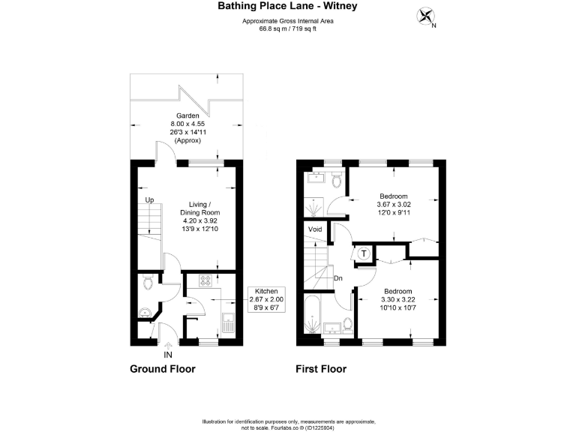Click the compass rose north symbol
(x=427, y=16)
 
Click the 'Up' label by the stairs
(x=149, y=200)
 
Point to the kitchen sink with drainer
(x=228, y=325)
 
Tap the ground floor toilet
(x=148, y=282)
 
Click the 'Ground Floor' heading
(x=163, y=369)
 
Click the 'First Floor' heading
(x=322, y=369)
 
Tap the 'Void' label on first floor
(x=315, y=229)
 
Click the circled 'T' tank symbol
(x=364, y=253)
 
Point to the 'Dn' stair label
(x=339, y=278)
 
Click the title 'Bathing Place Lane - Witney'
(x=287, y=7)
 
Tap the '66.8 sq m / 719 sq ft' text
(x=287, y=29)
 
